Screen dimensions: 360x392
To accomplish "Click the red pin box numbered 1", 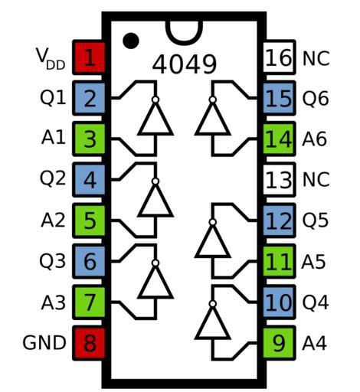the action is coord(89,57).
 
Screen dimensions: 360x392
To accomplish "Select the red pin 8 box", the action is coord(89,343).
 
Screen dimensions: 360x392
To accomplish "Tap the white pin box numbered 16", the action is coord(280,57).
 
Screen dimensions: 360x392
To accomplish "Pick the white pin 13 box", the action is coord(280,180).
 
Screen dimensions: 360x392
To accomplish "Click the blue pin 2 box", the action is coord(89,98).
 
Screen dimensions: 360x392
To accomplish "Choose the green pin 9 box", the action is coord(280,343).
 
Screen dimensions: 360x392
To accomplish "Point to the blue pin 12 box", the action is coord(280,220).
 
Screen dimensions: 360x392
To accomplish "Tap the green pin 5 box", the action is coord(89,220).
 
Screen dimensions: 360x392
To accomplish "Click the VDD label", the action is coord(51,59).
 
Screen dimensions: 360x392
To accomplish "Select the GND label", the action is coord(44,343).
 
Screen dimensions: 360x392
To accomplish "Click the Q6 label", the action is coord(316,99).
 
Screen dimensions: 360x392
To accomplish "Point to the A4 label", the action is coord(314,343).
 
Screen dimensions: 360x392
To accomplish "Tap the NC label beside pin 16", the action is coord(316,58).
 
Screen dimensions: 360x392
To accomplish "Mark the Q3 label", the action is coord(52,261).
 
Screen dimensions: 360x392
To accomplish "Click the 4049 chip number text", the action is coord(185,64).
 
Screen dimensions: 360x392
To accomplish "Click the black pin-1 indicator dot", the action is coord(131,41).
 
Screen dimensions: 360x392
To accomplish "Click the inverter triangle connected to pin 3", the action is coord(155,119).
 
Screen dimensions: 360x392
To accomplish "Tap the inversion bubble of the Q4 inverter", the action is coord(212,304).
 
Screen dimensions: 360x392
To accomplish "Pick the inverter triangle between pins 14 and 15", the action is coord(212,119).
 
